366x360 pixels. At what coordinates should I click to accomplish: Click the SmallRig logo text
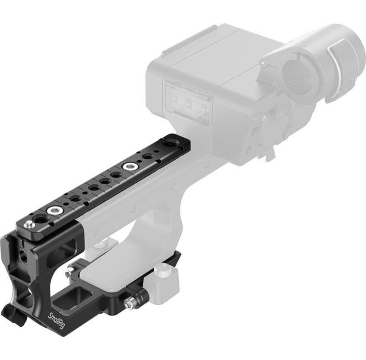point(56,320)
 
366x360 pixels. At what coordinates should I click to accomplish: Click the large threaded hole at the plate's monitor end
point(168,143)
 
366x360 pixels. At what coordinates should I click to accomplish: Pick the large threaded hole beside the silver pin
point(39,220)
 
